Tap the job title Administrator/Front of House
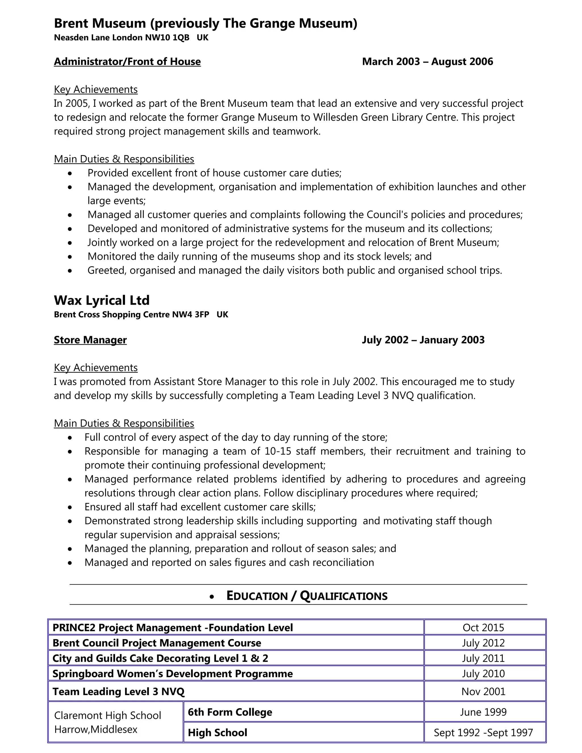tap(127, 62)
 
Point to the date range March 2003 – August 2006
tap(427, 62)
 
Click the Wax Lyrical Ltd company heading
tap(102, 300)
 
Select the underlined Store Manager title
tap(90, 340)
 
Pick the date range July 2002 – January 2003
tap(423, 340)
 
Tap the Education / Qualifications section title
tap(307, 596)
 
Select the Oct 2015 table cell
tap(483, 627)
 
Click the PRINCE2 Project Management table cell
tap(172, 627)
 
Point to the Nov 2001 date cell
tap(483, 691)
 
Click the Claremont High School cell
tap(108, 722)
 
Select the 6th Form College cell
tap(230, 712)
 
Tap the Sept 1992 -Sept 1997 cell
tap(483, 732)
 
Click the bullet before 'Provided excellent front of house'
tap(70, 173)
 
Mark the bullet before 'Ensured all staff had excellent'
tap(70, 507)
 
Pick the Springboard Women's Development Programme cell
tap(172, 673)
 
